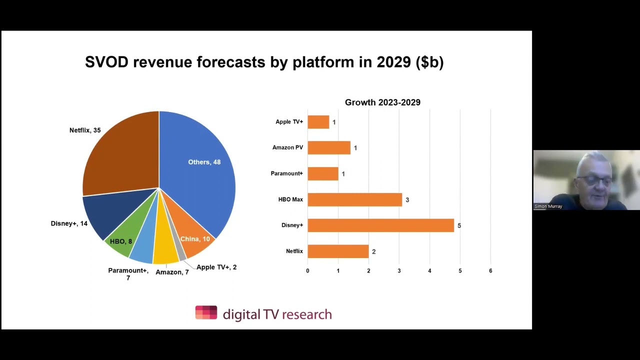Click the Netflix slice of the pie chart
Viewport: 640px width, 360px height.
[x=120, y=155]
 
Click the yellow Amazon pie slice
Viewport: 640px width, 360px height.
[x=166, y=250]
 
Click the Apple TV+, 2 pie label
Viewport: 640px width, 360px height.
[x=216, y=267]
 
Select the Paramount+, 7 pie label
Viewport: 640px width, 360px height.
[x=128, y=273]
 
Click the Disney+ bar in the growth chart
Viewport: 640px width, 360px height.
[x=380, y=225]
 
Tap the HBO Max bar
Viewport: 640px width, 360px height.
[x=354, y=199]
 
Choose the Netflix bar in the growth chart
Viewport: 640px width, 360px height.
[x=338, y=251]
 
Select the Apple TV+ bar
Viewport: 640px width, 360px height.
[x=318, y=122]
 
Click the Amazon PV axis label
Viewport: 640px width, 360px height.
[x=287, y=147]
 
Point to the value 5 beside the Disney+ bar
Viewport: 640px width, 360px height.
[x=459, y=225]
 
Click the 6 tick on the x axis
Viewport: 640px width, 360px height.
[x=490, y=270]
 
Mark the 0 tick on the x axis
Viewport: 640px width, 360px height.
[x=307, y=270]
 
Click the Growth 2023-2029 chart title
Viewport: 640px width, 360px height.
[x=382, y=102]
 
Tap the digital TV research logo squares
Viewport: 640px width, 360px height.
[x=206, y=312]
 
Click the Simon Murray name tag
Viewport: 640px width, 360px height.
[x=548, y=206]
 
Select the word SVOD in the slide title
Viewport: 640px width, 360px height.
[x=106, y=62]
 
